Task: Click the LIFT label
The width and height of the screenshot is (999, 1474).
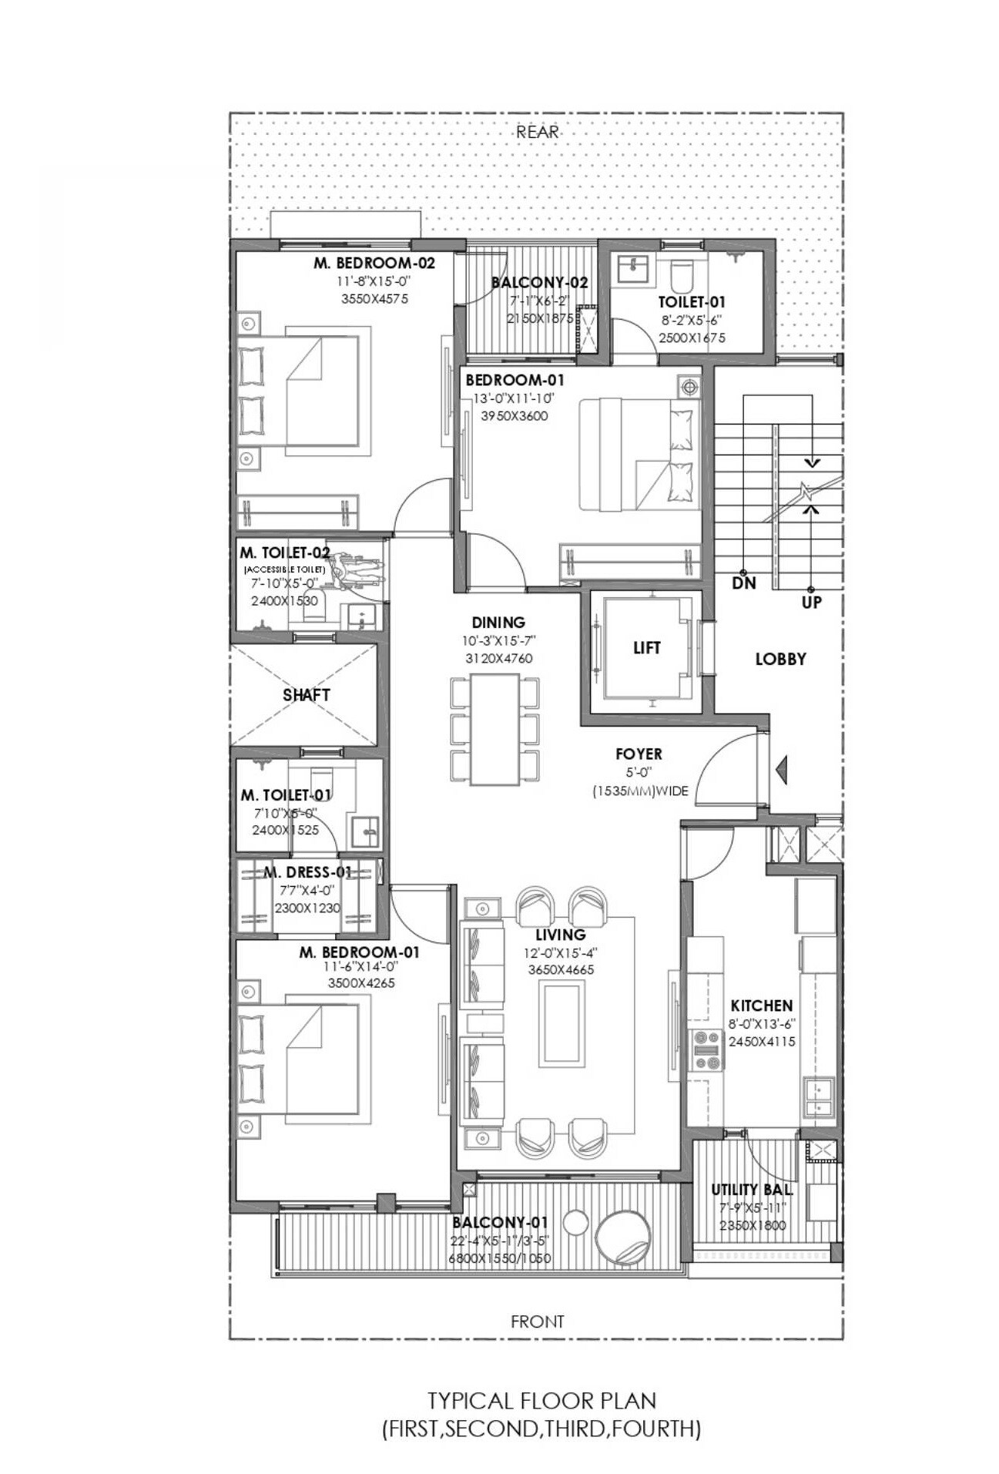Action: click(x=646, y=648)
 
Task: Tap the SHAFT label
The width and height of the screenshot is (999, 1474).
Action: click(x=306, y=694)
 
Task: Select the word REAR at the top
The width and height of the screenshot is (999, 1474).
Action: click(x=537, y=132)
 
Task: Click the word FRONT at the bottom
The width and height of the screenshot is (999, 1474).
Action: click(x=538, y=1321)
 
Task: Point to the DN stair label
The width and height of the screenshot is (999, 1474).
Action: click(x=743, y=583)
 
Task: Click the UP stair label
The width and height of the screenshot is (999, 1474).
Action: click(x=811, y=602)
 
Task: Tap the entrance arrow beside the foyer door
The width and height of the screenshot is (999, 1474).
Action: click(x=781, y=768)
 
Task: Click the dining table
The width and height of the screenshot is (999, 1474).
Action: click(x=494, y=729)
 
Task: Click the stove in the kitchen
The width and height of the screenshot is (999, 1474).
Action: click(x=707, y=1049)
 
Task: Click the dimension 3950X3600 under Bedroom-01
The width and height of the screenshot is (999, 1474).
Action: click(x=514, y=416)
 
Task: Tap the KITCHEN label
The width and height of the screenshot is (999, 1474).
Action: click(x=761, y=1006)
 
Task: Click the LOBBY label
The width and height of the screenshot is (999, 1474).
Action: click(x=780, y=659)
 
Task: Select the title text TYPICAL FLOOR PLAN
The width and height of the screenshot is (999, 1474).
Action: click(x=541, y=1399)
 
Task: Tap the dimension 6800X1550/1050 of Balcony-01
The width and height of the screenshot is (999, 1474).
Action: click(x=499, y=1258)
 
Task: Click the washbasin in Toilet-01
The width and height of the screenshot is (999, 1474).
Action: click(x=633, y=270)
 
